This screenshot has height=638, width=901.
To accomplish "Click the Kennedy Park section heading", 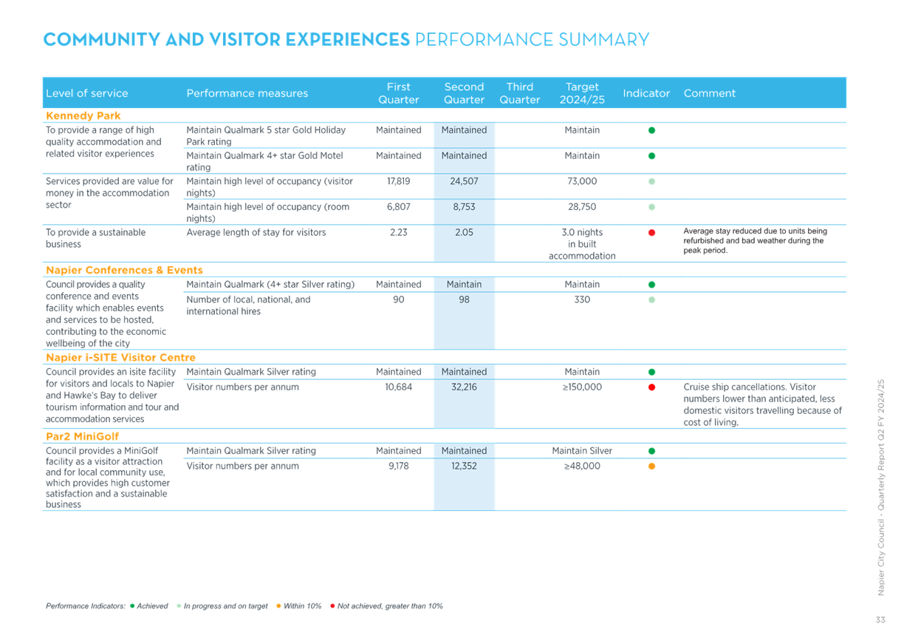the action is [83, 115].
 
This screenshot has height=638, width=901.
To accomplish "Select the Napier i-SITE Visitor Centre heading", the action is [120, 357].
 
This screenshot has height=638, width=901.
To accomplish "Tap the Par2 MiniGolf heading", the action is [83, 436].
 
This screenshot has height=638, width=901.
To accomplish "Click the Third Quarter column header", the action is [520, 93].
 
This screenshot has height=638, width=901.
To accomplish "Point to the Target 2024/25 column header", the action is [582, 93].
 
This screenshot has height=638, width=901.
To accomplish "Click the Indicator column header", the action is [646, 93].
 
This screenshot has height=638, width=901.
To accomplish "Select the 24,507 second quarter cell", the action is [465, 181].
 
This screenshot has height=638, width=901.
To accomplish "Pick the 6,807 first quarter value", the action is [399, 207].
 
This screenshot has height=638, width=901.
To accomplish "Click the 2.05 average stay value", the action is [465, 232].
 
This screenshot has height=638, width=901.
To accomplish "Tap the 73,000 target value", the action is [582, 181].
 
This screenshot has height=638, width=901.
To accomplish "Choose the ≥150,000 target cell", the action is [582, 387].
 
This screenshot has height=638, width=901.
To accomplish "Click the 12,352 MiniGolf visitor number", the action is [465, 466].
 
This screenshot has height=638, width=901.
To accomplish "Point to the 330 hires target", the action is [582, 299].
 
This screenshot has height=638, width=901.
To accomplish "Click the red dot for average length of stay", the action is [652, 233].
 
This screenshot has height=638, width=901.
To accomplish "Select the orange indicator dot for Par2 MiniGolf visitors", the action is [652, 466].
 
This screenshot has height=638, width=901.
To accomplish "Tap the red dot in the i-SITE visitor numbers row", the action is [652, 387].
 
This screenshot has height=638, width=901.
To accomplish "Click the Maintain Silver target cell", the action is [582, 450].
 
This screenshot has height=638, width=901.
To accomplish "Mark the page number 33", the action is [880, 620].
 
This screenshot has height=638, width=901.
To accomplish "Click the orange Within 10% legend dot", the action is [278, 605].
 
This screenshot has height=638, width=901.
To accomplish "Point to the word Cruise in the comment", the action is [696, 387].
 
